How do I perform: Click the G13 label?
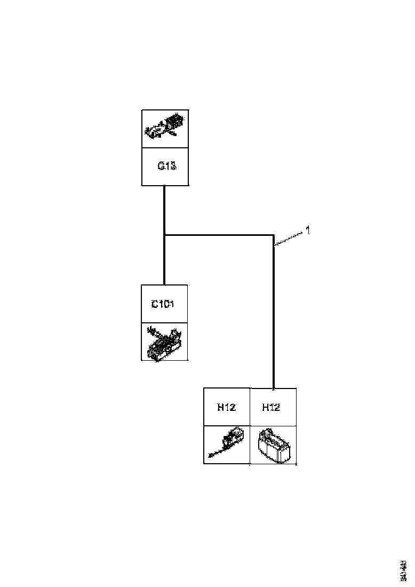point(165,166)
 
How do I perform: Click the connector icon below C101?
point(165,342)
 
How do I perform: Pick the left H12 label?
point(227,408)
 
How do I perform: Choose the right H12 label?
point(272,408)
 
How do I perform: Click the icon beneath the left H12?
point(227,445)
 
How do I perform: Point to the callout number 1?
point(308,231)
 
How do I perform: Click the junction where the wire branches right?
point(164,234)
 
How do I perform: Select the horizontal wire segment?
point(219,234)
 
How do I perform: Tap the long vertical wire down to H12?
point(274,315)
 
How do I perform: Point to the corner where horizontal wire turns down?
point(274,234)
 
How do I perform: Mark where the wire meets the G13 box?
point(164,186)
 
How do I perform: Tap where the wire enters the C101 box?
point(164,285)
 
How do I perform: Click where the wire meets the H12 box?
point(274,388)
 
